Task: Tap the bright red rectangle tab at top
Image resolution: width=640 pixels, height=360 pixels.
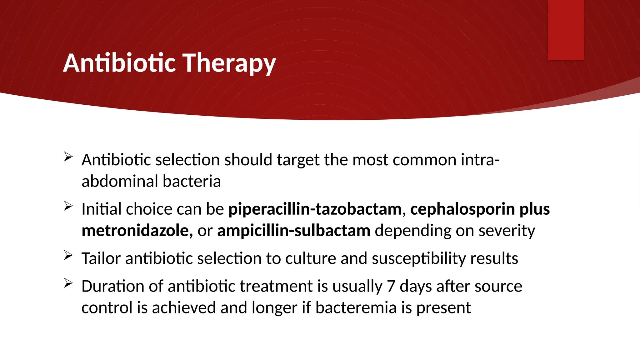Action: [x=566, y=30]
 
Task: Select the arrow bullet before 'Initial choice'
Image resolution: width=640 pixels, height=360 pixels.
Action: [x=68, y=206]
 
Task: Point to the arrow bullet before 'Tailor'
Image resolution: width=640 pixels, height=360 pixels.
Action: [x=68, y=255]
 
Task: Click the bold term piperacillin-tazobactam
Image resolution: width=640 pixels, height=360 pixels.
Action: [x=315, y=209]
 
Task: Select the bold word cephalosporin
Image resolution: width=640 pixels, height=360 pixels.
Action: [x=462, y=209]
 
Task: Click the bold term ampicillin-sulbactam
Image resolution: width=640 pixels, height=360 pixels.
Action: [x=294, y=231]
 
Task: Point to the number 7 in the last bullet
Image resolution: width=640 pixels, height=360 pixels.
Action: [x=391, y=286]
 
